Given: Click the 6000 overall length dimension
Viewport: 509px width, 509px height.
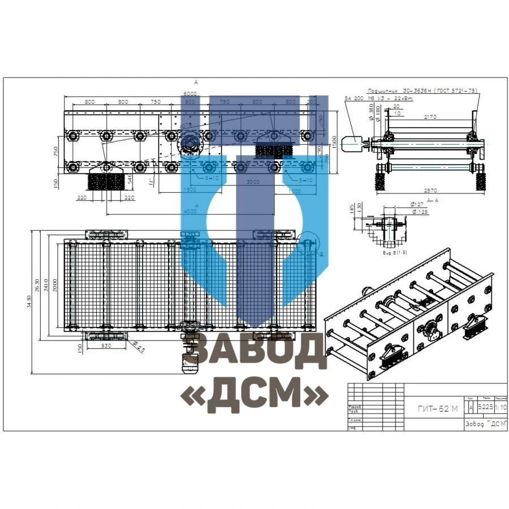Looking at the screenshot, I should point(189,93).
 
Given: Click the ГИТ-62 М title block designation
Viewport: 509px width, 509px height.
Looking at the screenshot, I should point(438,409).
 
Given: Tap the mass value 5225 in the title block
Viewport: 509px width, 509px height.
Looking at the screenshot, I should point(485,407).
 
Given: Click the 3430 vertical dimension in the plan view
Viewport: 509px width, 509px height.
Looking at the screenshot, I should point(29,302).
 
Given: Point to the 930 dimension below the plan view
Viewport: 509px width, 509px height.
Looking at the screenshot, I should point(105,345).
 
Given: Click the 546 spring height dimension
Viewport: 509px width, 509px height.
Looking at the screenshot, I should point(129,179).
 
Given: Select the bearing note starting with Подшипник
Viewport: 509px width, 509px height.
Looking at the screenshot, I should point(422,90).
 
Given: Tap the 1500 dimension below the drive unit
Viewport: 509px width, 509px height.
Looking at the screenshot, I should point(189,190).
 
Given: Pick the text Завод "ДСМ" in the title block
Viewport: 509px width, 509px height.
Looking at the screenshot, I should point(484,424).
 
